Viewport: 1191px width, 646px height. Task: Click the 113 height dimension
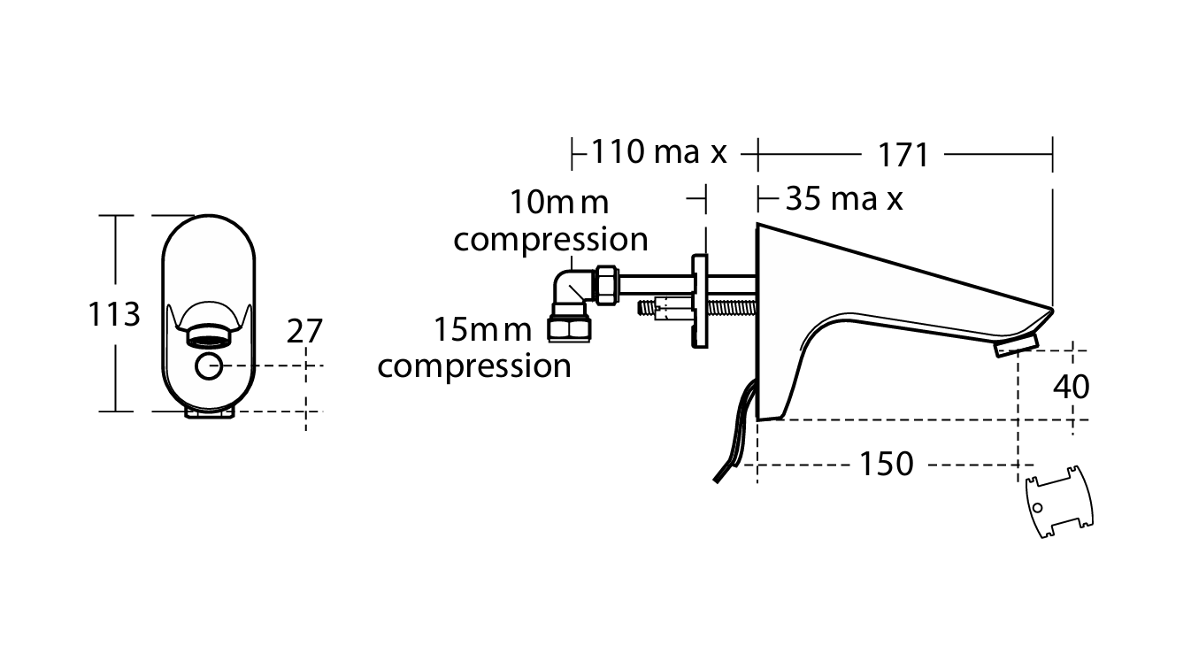coord(114,314)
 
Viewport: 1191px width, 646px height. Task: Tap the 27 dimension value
coord(304,331)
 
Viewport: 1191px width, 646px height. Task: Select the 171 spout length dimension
coord(903,155)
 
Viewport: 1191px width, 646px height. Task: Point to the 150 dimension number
coord(887,464)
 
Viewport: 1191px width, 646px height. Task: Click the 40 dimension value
coord(1072,387)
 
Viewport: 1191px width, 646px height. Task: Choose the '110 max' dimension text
coord(659,152)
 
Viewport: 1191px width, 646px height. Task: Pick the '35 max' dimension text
coord(844,199)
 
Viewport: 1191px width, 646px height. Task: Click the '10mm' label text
coord(559,203)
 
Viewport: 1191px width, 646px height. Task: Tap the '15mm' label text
coord(483,330)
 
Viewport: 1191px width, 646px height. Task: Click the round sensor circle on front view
coord(209,365)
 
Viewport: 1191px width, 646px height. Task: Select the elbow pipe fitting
coord(573,292)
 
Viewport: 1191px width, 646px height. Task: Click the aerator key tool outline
coord(1059,502)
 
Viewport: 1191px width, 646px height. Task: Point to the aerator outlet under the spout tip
coord(1016,346)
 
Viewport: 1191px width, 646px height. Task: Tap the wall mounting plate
coord(700,302)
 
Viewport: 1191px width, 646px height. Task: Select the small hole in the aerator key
coord(1037,508)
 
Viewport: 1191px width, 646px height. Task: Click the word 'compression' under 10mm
coord(551,241)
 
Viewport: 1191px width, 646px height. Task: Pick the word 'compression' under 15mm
coord(474,367)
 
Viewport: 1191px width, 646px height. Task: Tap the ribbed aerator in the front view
coord(209,336)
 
